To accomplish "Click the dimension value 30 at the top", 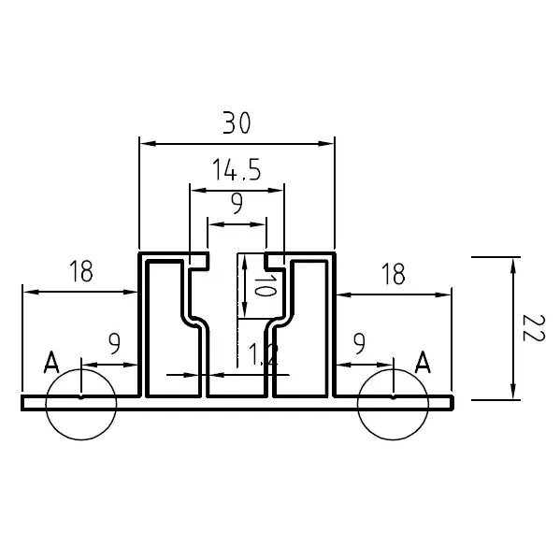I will pos(236,122).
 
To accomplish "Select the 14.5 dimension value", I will pos(236,170).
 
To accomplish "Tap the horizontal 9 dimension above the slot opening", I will pos(237,203).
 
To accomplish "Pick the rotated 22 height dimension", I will pos(533,329).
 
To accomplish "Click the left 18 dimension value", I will pos(81,272).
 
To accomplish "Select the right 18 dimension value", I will pos(394,274).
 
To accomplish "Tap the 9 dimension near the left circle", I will pos(114,343).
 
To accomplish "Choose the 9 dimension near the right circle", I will pos(358,344).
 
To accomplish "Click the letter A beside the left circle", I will pos(52,363).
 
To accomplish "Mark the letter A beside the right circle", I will pos(423,362).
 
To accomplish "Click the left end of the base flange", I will pos(23,403).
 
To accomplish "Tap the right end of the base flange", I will pos(451,403).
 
